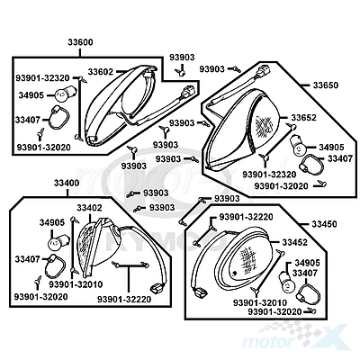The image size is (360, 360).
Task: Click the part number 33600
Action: coord(80,42)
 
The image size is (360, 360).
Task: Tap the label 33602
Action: coord(101,72)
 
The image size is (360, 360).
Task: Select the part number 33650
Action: coord(326,85)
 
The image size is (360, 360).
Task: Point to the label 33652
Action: coord(303,118)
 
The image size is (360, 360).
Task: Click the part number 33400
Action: coord(67,183)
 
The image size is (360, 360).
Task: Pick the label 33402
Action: coord(89,208)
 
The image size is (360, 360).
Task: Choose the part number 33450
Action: coord(324,224)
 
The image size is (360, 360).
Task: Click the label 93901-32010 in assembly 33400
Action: coord(76,284)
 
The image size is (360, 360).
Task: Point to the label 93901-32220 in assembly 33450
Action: coord(246,217)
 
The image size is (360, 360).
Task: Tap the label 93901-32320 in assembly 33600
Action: coord(42,78)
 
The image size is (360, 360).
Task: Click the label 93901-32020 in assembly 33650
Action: coord(281,186)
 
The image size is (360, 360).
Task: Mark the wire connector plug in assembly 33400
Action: coord(156,289)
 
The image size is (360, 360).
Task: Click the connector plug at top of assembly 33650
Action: coord(264,70)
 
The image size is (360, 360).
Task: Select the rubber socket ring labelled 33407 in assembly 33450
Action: coord(308,293)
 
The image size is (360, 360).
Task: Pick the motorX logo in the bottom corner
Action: coord(295,336)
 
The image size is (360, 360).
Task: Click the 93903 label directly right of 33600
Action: coord(182,58)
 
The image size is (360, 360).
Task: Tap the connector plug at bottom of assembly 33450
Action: coord(200,292)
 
